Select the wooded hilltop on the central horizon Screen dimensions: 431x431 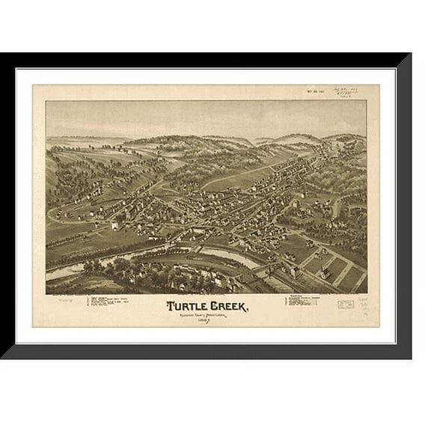pyautogui.click(x=172, y=142)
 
